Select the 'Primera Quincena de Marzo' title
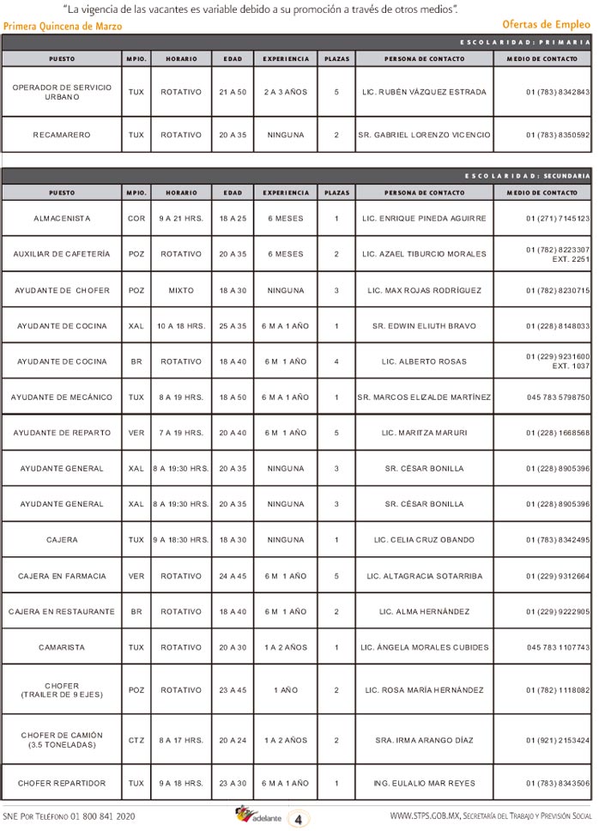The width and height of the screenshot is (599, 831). point(63,27)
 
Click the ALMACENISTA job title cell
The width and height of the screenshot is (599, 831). point(62,219)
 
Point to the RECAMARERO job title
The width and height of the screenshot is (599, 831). point(62,135)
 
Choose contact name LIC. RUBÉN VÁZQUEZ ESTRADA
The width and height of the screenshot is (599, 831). point(424,92)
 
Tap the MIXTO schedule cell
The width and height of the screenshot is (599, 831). point(181,290)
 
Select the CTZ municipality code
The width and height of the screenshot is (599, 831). point(136,740)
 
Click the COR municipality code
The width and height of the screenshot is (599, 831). point(136,219)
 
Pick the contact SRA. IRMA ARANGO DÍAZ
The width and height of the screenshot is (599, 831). point(424,740)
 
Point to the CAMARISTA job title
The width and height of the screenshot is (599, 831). point(62,647)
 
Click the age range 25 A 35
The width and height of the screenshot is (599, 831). point(233,326)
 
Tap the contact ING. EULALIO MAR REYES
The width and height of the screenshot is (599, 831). point(424,783)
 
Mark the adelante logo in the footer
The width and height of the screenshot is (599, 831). point(258,816)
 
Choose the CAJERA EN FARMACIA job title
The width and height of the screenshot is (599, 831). point(62,576)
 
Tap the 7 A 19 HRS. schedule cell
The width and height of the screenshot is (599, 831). point(181,433)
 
